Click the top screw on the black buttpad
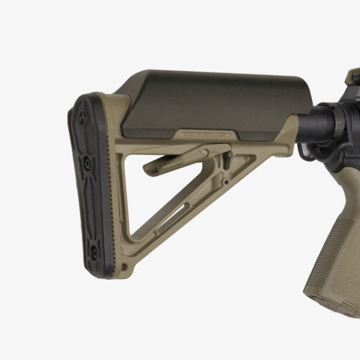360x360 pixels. (84, 113)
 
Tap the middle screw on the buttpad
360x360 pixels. (88, 163)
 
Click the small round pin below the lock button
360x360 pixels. (226, 182)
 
